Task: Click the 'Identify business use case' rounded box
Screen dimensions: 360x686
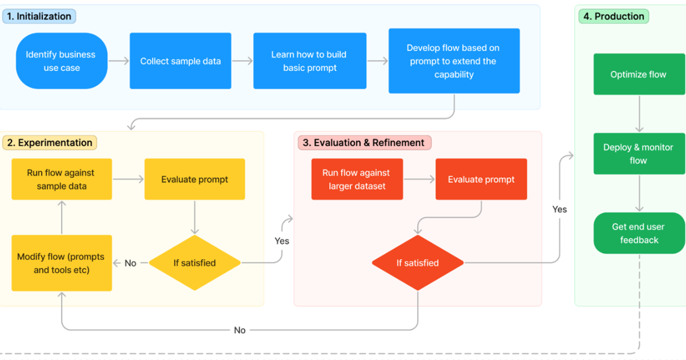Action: point(61,61)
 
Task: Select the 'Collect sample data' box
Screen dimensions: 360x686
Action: point(180,61)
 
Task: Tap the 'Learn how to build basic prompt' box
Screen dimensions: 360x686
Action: point(309,61)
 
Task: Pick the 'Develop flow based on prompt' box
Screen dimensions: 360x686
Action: point(454,61)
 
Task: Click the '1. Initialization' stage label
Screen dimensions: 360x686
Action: point(39,17)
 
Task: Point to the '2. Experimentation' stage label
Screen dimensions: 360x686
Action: point(50,143)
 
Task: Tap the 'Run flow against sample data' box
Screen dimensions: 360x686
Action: point(61,179)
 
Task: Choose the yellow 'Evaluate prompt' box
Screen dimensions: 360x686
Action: point(194,179)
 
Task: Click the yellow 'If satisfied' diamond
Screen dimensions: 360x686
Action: point(194,263)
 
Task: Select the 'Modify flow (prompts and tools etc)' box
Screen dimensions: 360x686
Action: point(61,263)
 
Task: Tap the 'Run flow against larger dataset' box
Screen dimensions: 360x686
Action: point(357,179)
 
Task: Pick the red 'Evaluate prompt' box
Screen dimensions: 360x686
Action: point(481,179)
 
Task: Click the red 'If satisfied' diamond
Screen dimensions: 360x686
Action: point(417,263)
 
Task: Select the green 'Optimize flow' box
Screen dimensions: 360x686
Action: point(639,74)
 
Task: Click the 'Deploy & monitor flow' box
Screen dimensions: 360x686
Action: point(639,154)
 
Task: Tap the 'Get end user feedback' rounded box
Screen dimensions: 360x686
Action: point(639,233)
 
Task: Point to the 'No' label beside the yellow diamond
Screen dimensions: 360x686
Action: point(130,263)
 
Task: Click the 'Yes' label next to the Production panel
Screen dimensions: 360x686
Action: point(560,210)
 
